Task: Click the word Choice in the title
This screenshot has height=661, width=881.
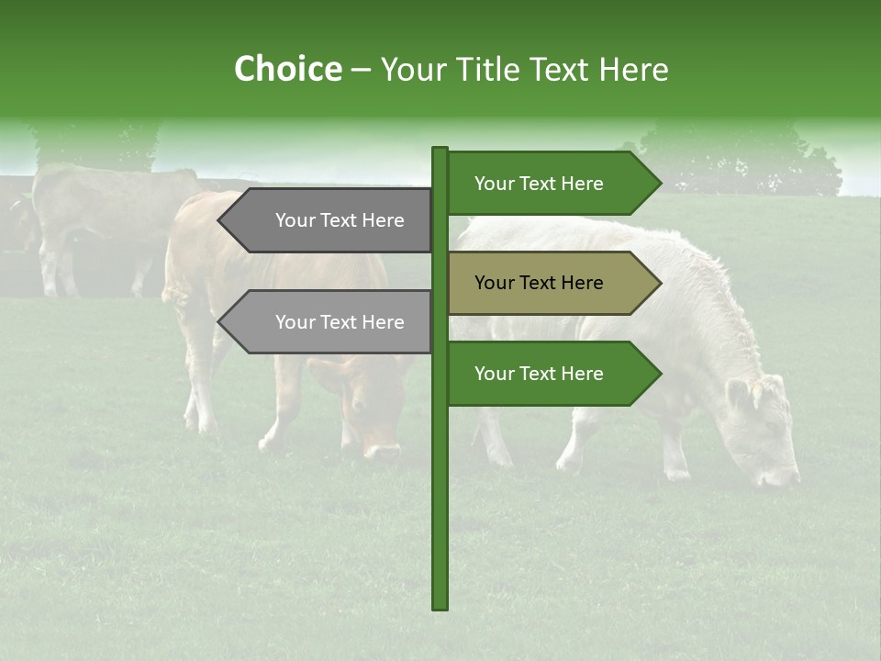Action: coord(287,69)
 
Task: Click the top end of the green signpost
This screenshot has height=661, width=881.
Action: coord(440,151)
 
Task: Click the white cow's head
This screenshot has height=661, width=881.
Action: coord(762,427)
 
